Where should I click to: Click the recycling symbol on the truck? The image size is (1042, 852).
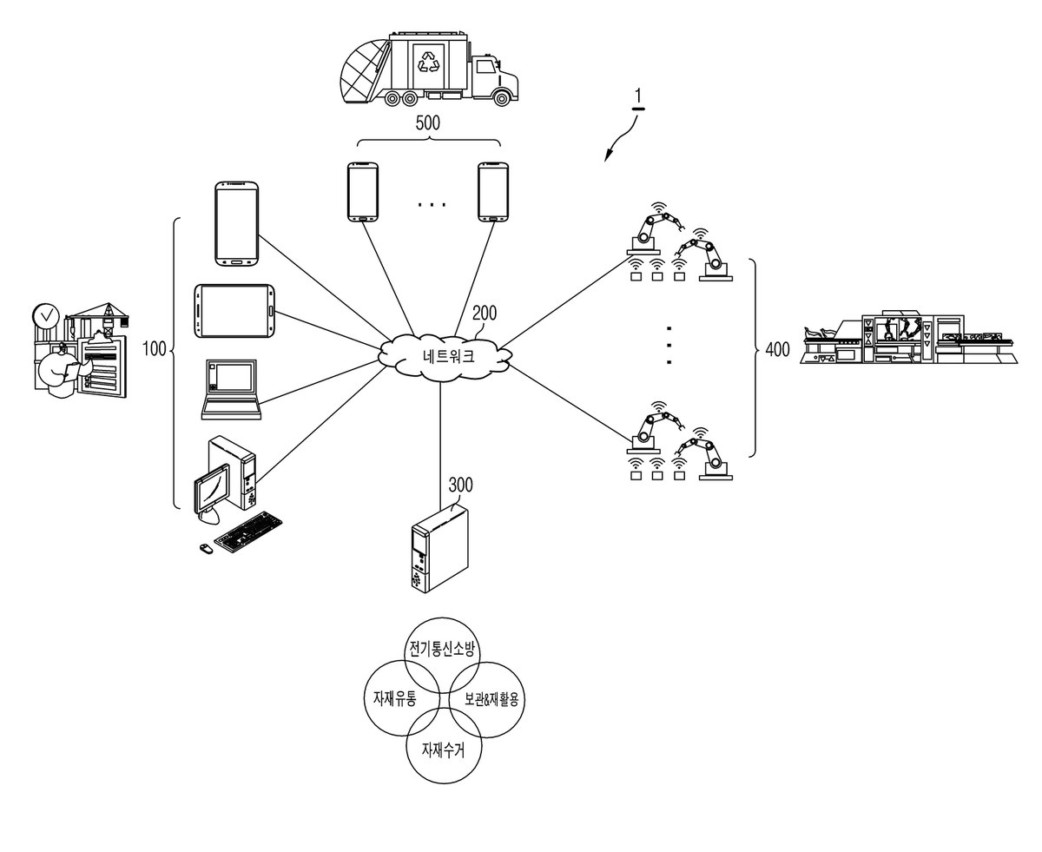[x=428, y=60]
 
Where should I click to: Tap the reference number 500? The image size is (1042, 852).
[x=427, y=122]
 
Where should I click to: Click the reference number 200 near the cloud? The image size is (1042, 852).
[x=485, y=313]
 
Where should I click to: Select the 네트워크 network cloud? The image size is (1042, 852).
[x=445, y=357]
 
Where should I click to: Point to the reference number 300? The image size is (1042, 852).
[x=460, y=485]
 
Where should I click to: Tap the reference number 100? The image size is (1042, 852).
[x=155, y=349]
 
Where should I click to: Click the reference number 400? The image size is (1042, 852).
[x=778, y=350]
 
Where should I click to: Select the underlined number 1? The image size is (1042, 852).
[x=638, y=97]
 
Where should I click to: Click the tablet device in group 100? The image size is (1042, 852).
[x=234, y=311]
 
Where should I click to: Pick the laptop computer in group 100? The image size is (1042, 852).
[x=231, y=389]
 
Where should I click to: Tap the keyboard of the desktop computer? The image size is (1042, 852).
[x=248, y=532]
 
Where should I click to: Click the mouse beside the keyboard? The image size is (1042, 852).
[x=207, y=548]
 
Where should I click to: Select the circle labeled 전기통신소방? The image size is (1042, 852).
[x=442, y=656]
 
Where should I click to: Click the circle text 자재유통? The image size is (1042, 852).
[x=395, y=698]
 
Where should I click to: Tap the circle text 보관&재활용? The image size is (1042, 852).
[x=491, y=699]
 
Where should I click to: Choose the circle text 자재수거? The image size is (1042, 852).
[x=443, y=750]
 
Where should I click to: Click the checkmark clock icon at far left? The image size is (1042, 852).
[x=46, y=315]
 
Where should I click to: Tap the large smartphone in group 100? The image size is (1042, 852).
[x=237, y=224]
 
